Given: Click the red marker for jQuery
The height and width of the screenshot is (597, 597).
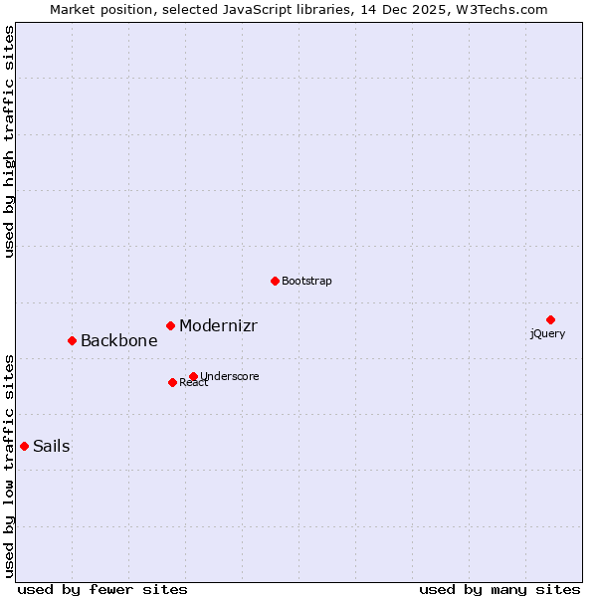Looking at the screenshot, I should pos(550,319).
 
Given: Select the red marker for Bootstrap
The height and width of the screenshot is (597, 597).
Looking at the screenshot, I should pos(275,281).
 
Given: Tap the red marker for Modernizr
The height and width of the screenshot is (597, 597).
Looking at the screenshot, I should pos(170,325).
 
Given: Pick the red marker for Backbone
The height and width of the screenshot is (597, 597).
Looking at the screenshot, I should pos(72,340).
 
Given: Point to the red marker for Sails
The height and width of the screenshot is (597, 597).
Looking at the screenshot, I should pos(24,446).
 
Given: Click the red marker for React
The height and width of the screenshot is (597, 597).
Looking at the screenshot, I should pos(172,382).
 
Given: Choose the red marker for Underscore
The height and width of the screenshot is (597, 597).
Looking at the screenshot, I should pos(193,376).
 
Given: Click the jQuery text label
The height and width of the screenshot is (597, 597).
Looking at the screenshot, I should pos(547,333).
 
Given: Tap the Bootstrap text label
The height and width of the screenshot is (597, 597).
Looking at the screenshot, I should pos(306,281).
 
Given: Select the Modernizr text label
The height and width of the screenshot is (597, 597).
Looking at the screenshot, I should pos(218,325).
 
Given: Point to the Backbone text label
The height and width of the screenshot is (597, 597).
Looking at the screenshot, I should pos(118,340).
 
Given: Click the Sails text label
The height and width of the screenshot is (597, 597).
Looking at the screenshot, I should pos(51,446).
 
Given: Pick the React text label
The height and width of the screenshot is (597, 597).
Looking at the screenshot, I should pos(194,383).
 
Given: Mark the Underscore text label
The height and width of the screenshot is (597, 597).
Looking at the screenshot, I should pos(230,376).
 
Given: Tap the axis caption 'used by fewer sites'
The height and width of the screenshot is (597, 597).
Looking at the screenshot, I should pos(102,589).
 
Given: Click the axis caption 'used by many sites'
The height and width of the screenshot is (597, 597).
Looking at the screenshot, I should pos(499,589).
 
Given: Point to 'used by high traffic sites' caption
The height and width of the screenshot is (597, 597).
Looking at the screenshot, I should pos(10,141).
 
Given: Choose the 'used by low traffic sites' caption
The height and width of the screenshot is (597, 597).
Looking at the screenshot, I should pos(10,465).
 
